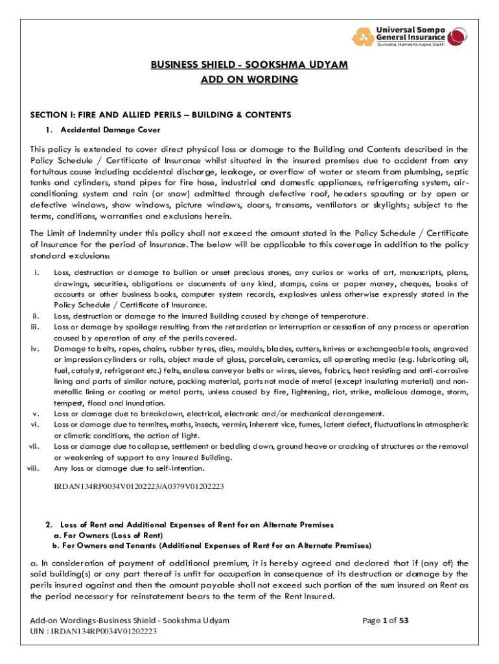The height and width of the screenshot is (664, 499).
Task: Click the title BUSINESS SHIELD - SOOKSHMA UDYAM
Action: point(250,65)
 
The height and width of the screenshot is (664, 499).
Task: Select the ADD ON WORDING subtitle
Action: point(250,80)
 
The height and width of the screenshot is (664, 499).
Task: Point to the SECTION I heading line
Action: point(161,115)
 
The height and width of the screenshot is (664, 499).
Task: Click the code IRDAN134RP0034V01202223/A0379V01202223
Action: point(139,485)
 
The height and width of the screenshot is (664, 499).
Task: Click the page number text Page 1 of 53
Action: point(385,621)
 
